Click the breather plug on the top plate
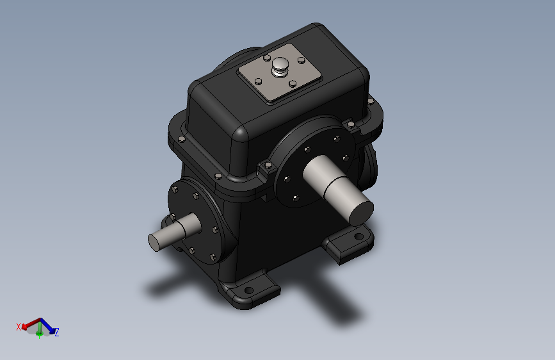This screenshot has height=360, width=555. (280, 66)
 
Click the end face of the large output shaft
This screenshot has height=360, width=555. (362, 213)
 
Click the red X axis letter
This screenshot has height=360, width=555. (19, 327)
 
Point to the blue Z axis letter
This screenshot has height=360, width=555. (56, 332)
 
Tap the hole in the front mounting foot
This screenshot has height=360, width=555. (249, 291)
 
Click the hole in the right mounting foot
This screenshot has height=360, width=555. (358, 236)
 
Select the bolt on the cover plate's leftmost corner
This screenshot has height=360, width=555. (259, 81)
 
